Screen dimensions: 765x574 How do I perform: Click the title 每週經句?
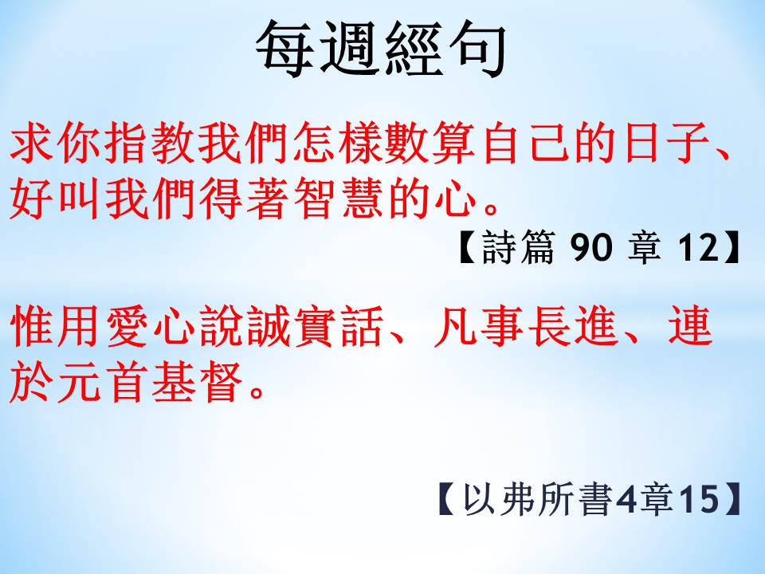coord(381,49)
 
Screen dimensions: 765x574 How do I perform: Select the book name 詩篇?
coord(518,247)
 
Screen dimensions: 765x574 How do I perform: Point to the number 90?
coord(590,247)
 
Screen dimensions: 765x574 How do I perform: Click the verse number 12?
coord(699,247)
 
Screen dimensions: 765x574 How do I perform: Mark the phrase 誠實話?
coord(316,326)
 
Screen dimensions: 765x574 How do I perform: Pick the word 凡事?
coord(479,326)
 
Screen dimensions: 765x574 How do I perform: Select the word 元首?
coord(103,382)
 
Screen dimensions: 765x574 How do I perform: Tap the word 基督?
coord(197,382)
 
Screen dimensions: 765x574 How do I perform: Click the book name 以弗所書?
coord(537,499)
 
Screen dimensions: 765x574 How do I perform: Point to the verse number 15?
coord(699,499)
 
